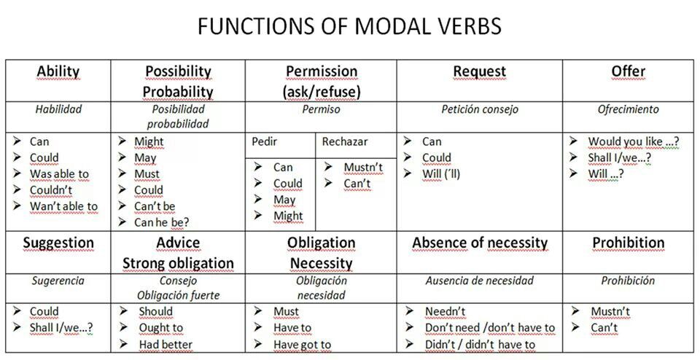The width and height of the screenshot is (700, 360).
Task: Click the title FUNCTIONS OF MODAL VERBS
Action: coord(349,26)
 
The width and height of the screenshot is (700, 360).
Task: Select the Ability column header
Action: coord(58,71)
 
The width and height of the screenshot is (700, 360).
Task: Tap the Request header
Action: coord(480,71)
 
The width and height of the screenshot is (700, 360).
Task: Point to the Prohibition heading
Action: coord(628,243)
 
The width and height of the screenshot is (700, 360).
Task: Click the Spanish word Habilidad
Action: coord(58,109)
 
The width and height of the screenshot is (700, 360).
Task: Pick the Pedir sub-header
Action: coord(264,142)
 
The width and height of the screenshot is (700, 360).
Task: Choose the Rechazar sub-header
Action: coord(345,142)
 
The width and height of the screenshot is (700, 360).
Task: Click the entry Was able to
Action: coord(59,174)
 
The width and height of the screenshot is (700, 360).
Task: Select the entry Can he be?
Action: coord(162,222)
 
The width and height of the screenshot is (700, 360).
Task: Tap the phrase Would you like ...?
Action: coord(634,142)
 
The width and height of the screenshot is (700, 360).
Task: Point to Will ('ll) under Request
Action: coord(441,174)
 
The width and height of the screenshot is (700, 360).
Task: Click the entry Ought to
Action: coord(160,328)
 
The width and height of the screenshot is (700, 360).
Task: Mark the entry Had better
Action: coord(166,345)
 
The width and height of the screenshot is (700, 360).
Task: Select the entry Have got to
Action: coord(302,345)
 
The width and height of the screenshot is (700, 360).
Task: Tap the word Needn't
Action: coord(445,311)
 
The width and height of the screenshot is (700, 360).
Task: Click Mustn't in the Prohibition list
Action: coord(610,311)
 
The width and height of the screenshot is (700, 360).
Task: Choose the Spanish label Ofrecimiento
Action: coord(628,109)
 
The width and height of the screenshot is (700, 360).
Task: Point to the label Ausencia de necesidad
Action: coord(480,281)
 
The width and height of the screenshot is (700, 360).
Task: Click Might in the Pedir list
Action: coord(289,216)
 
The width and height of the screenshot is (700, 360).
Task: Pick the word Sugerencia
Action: coord(58,281)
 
